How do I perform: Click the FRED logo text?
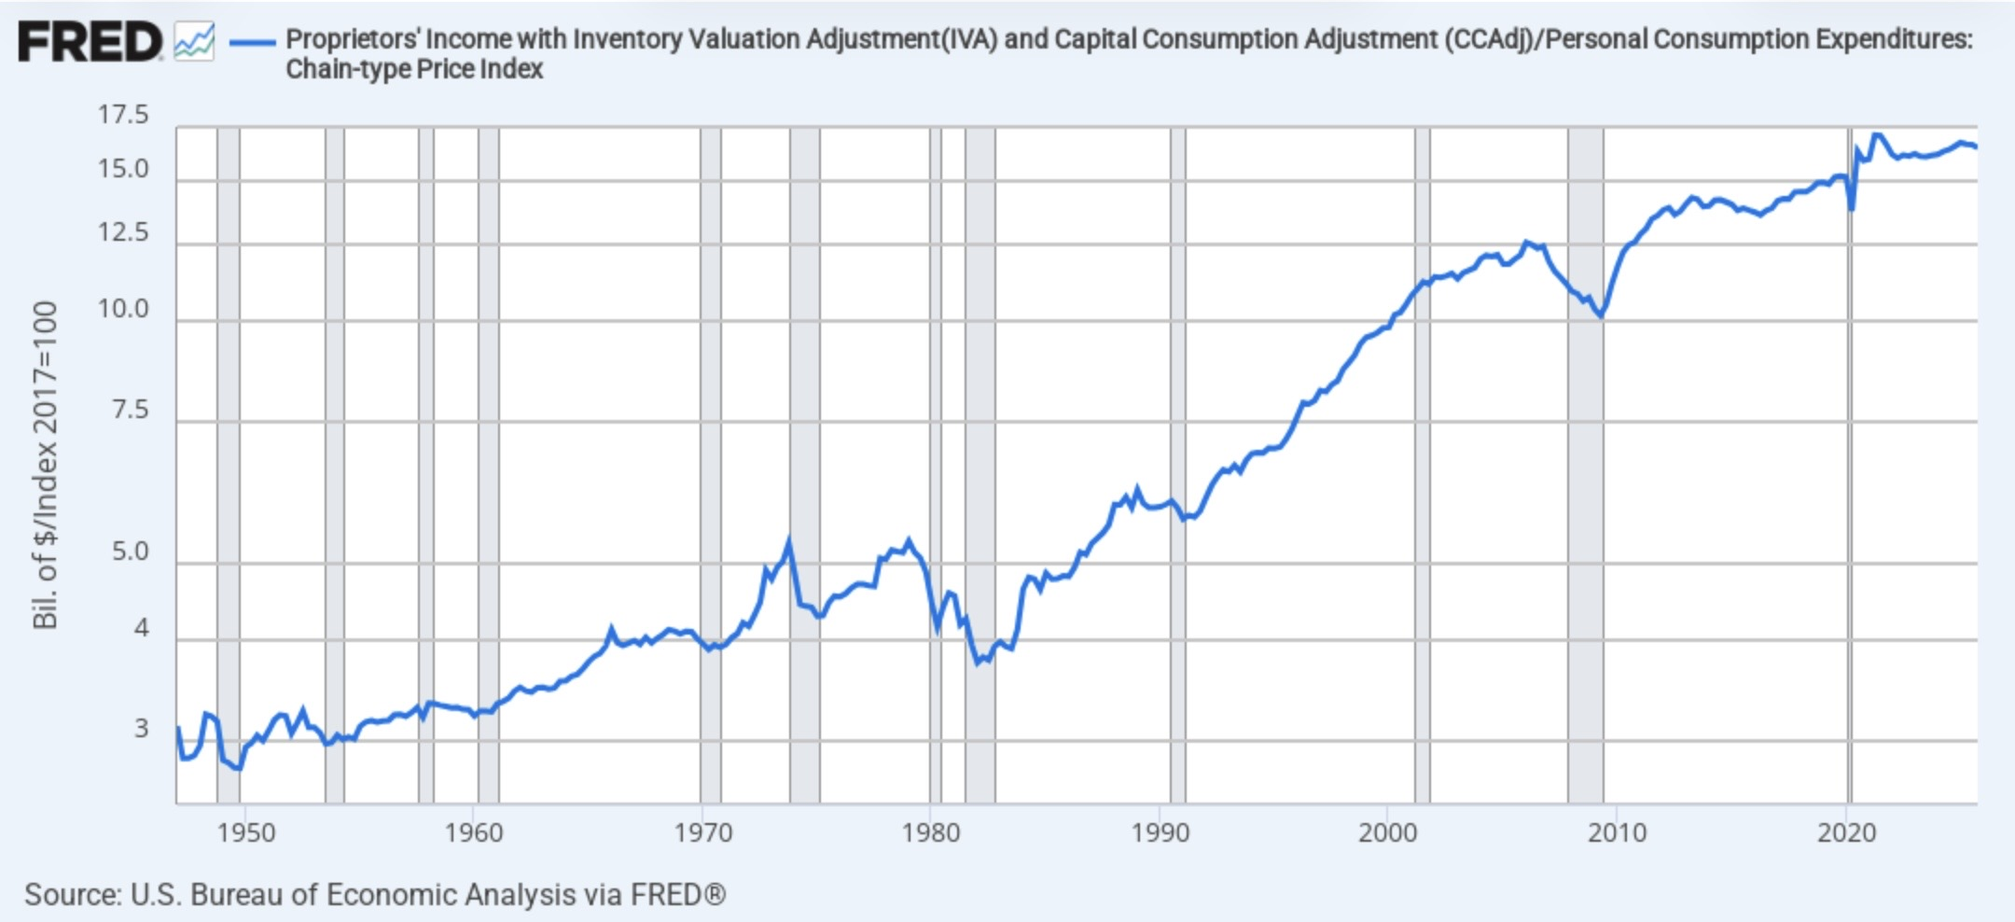click(x=90, y=42)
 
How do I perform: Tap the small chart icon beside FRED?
click(x=194, y=42)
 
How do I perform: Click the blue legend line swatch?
click(x=252, y=42)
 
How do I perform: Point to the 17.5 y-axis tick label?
click(x=123, y=115)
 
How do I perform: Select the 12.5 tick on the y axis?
click(x=123, y=232)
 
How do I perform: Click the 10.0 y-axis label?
click(x=123, y=309)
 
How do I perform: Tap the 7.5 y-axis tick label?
click(x=131, y=410)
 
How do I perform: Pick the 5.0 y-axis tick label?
click(x=131, y=552)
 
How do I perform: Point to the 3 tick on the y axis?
click(x=142, y=729)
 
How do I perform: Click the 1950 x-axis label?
click(x=246, y=832)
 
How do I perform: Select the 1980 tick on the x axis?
click(x=931, y=832)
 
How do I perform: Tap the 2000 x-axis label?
click(x=1388, y=832)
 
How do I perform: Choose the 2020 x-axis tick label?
click(x=1847, y=832)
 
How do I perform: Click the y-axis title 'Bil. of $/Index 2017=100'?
click(x=45, y=465)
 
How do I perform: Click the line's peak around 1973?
click(x=789, y=539)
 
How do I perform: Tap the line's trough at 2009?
click(x=1601, y=316)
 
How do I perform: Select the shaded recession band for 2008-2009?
click(x=1585, y=465)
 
